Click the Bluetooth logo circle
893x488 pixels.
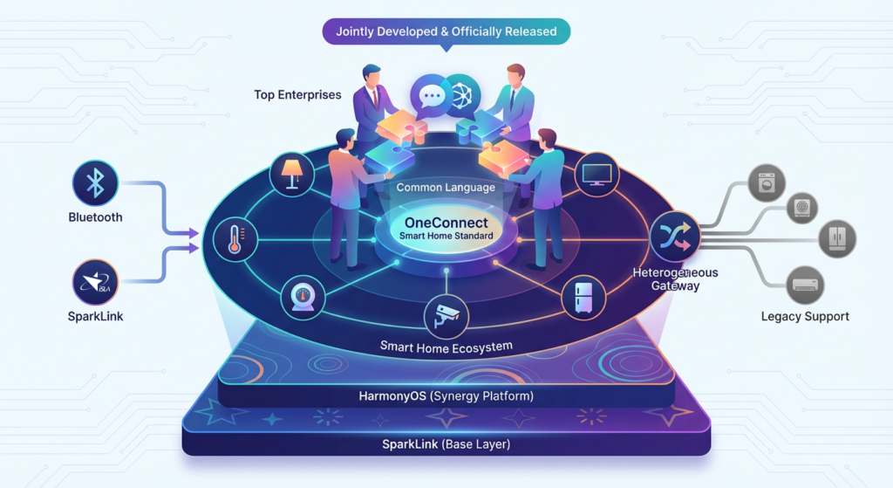(94, 183)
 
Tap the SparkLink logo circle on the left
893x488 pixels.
(94, 283)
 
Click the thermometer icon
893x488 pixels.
(235, 238)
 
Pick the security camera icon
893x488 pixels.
(446, 316)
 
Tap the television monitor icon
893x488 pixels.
(598, 173)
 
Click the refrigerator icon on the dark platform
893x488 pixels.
(583, 297)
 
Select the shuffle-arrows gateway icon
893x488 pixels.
(675, 236)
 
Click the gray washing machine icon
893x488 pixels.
(767, 183)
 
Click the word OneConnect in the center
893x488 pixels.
(446, 223)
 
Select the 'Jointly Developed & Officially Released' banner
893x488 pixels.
(446, 31)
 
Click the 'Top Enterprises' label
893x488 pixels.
(297, 94)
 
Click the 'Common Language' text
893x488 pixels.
(446, 187)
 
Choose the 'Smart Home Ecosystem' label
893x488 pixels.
(446, 347)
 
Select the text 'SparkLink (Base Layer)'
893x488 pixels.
(446, 444)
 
